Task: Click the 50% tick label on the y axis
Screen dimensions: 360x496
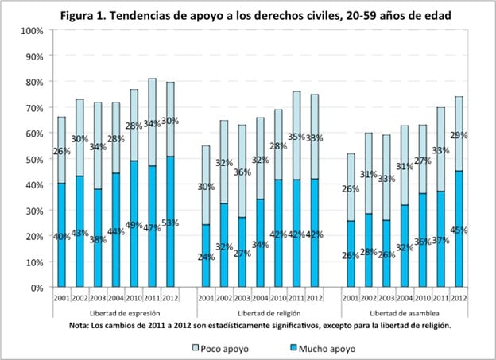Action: tap(33, 160)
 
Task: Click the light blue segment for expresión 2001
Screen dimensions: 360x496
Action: tap(60, 150)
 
